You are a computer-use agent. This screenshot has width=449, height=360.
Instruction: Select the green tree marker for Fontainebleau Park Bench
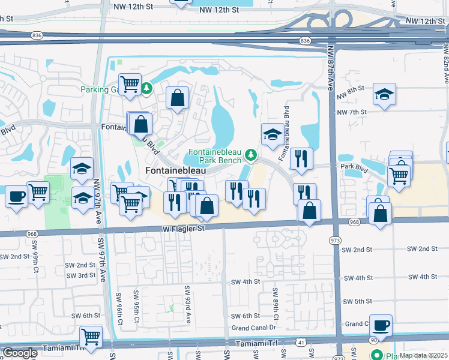pyautogui.click(x=252, y=157)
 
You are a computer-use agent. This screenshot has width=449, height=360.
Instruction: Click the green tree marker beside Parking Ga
pyautogui.click(x=147, y=89)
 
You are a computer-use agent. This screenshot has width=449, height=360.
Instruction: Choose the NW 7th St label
pyautogui.click(x=352, y=112)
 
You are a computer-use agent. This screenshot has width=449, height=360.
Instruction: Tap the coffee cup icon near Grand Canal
pyautogui.click(x=381, y=325)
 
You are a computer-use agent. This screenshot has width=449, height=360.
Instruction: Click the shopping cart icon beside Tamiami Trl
pyautogui.click(x=91, y=337)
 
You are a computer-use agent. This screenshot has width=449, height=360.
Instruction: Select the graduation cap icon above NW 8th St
pyautogui.click(x=384, y=94)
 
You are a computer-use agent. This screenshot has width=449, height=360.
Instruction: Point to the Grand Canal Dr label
pyautogui.click(x=253, y=328)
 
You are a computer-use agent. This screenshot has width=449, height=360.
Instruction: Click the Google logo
pyautogui.click(x=20, y=353)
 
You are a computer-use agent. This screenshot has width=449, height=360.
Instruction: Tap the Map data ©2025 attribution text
pyautogui.click(x=424, y=355)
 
